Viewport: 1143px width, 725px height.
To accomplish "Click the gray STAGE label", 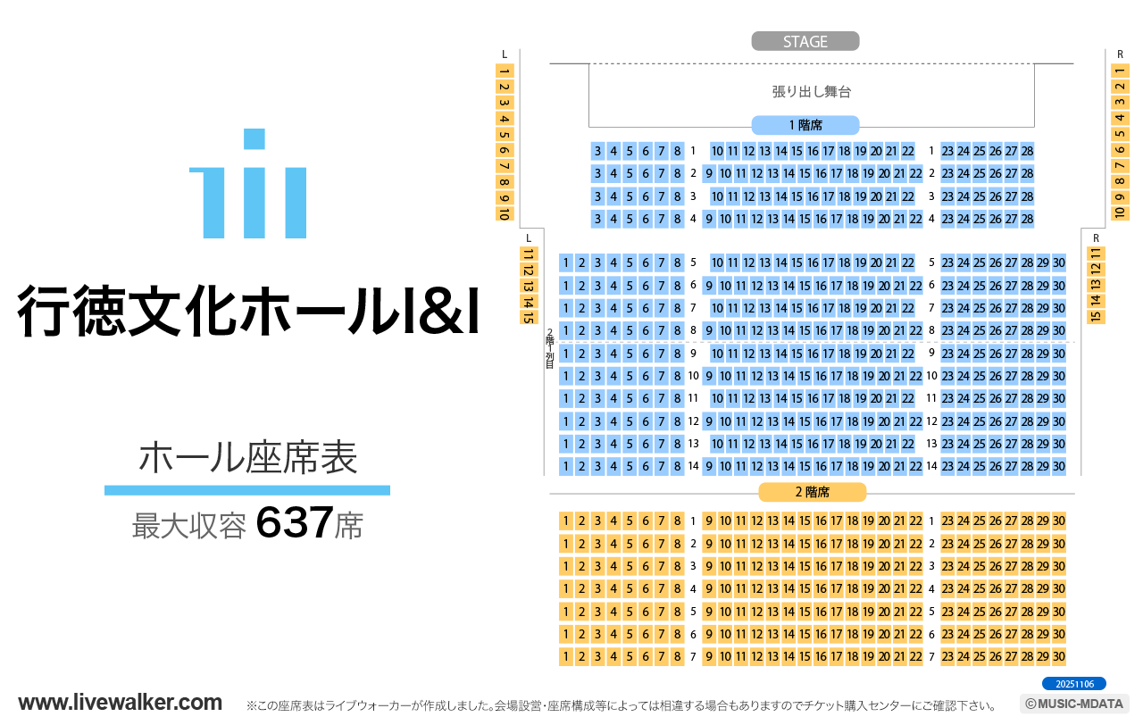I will point(805,42).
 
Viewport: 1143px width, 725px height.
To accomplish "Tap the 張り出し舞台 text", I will point(811,91).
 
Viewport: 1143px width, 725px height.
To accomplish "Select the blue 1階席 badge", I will point(805,125).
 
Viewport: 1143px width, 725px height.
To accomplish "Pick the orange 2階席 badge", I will point(812,492).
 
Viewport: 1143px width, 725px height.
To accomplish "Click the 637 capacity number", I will point(295,523).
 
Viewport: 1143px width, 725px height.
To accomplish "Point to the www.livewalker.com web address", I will point(121,702).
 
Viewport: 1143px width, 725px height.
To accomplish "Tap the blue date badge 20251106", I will point(1073,684).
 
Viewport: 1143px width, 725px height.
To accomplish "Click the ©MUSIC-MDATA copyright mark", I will point(1074,704).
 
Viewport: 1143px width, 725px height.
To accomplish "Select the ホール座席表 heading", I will point(247,457).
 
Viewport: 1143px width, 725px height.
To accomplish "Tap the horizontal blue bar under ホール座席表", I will point(247,490).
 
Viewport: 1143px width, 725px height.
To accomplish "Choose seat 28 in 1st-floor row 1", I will point(1027,152).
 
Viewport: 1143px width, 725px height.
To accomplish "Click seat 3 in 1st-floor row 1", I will point(597,152).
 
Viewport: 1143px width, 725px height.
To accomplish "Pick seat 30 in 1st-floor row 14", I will point(1058,466).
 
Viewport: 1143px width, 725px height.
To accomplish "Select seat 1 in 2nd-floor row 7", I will point(565,656).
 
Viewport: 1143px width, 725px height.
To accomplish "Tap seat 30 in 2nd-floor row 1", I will point(1058,521).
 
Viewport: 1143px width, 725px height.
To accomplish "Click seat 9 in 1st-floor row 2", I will point(709,174).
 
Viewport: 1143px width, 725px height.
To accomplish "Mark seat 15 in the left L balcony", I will point(529,316).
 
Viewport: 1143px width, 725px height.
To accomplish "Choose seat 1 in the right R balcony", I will point(1119,71).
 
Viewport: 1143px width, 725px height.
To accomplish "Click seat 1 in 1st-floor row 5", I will point(565,262).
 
